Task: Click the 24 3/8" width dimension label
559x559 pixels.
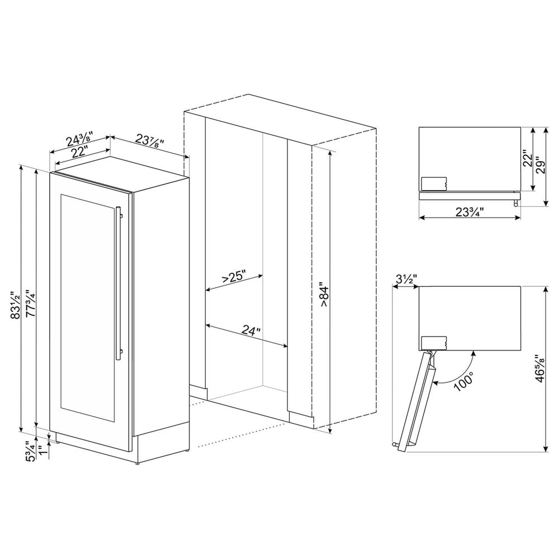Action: tap(80, 139)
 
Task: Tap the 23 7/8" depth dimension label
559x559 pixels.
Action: tap(150, 140)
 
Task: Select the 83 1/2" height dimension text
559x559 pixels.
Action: tap(16, 305)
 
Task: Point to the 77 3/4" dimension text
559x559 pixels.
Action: tap(30, 305)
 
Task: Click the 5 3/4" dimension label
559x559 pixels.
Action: tap(31, 452)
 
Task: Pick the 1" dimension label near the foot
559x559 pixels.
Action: tap(44, 450)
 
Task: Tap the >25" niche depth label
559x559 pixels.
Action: tap(234, 277)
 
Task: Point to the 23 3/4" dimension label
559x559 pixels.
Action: tap(469, 212)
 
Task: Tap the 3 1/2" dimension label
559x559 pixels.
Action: tap(407, 279)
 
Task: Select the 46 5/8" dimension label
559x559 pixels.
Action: tap(541, 368)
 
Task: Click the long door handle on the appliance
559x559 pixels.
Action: tap(119, 283)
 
